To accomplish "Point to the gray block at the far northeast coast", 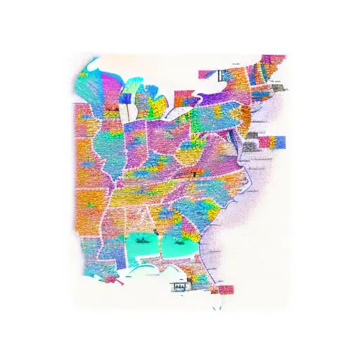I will (x=280, y=88).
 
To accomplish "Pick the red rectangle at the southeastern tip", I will (x=225, y=289).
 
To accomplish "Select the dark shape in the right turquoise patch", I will (x=177, y=239).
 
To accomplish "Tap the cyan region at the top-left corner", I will (x=91, y=68).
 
